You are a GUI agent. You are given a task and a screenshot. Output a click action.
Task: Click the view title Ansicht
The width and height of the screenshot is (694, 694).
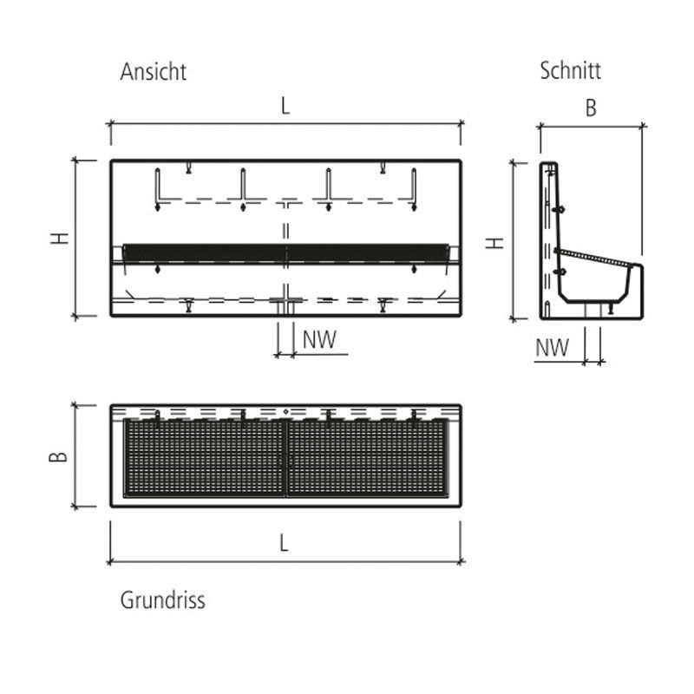coord(153,71)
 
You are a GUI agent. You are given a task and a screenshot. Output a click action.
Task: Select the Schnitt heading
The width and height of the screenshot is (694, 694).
coord(570,70)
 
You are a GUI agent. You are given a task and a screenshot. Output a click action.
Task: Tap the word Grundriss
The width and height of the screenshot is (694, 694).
coord(162,599)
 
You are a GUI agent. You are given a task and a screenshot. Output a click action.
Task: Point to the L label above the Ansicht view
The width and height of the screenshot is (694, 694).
coord(285,107)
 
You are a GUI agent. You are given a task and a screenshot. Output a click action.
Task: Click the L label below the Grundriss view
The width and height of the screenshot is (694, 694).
coord(285,543)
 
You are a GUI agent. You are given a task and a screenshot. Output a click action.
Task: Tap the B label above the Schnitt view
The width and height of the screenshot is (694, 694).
coord(591,108)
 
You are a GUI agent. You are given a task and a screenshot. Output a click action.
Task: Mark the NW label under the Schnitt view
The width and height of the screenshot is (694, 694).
coord(552,348)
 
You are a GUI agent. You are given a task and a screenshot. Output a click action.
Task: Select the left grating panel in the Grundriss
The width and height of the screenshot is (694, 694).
coord(205,458)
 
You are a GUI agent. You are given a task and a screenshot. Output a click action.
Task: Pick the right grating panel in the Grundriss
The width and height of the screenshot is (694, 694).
coord(368,458)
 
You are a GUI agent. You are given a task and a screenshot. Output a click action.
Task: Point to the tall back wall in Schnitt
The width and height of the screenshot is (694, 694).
coord(550,234)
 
